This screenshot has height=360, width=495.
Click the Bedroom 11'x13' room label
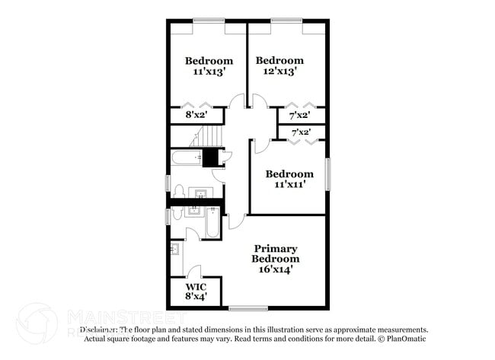(x=209, y=66)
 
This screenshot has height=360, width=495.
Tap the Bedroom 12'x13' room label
(x=279, y=65)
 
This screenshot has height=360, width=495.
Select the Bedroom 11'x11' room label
(x=289, y=179)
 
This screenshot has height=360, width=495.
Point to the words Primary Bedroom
(x=275, y=253)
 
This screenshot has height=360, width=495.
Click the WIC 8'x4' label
(x=196, y=292)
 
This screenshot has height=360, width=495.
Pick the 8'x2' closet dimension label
(x=196, y=116)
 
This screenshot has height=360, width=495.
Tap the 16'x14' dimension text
(x=275, y=269)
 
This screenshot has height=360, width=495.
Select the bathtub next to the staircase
(x=187, y=158)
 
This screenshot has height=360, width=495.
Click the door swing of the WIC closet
(x=194, y=271)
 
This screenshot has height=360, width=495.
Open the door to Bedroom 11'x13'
(x=237, y=101)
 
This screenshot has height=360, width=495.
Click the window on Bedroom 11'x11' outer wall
(x=328, y=174)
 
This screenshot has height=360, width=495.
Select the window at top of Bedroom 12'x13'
(x=286, y=20)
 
